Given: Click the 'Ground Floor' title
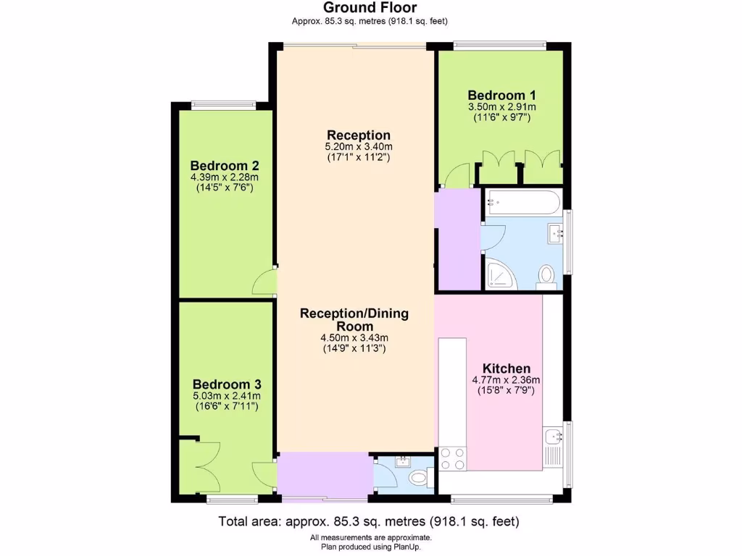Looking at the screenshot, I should tap(370, 8).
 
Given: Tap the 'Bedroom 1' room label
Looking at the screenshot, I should tap(501, 95).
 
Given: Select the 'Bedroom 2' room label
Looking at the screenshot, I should tap(225, 164).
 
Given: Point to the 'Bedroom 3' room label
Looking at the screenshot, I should tap(227, 384).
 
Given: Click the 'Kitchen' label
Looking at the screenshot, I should tap(507, 368).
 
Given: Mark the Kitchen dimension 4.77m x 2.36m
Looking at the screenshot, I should tap(507, 380).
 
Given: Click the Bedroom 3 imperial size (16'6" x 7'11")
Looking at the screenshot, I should tap(227, 407).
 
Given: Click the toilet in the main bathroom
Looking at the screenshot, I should tap(547, 276).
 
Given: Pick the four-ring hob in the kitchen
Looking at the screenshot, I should tap(453, 459).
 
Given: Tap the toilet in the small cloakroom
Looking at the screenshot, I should tap(419, 479).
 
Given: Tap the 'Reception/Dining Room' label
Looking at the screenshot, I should tap(354, 319).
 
